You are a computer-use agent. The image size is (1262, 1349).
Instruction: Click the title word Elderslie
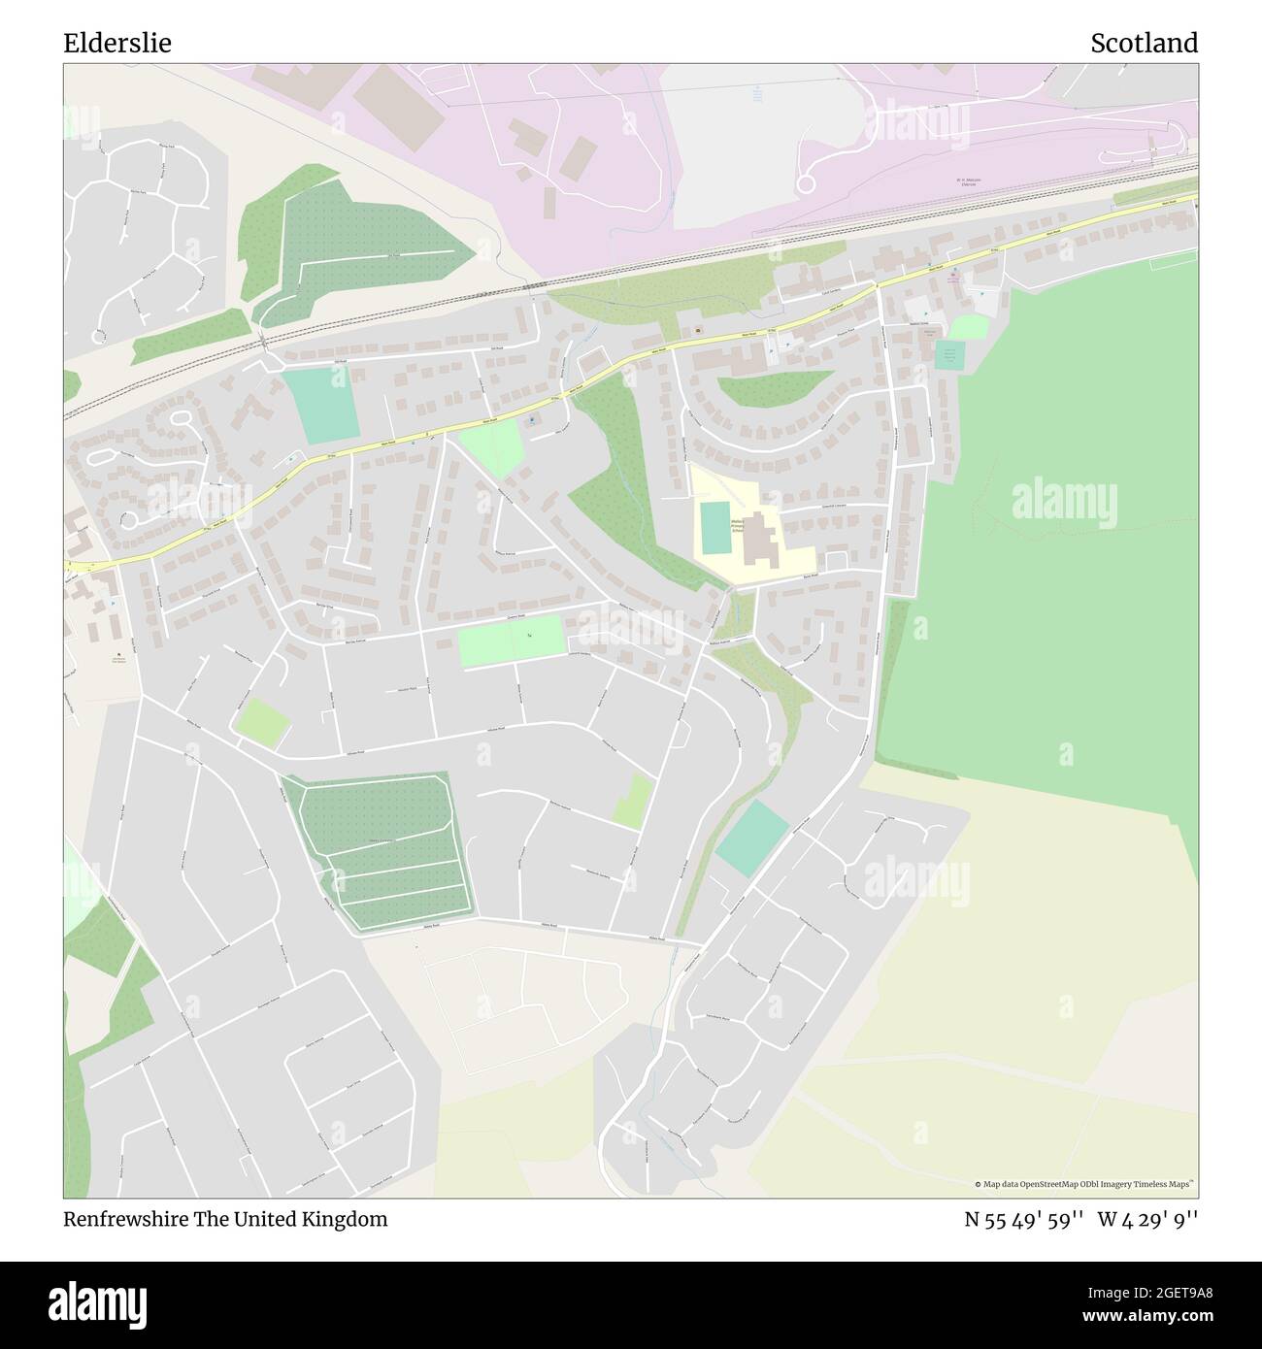pos(117,43)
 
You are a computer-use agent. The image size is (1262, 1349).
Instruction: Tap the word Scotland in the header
pos(1144,43)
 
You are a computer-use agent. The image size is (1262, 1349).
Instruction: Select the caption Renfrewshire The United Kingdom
pos(225,1220)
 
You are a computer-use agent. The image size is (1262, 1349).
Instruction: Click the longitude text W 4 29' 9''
pos(1148,1220)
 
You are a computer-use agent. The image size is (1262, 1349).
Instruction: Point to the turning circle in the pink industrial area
pos(805,182)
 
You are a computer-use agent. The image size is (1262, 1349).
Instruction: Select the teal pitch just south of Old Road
pos(320,406)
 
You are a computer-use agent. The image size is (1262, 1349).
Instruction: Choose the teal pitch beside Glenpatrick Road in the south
pos(752,839)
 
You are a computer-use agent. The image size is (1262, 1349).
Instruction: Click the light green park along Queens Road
pos(511,641)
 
